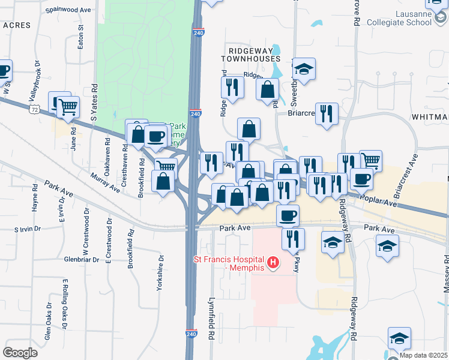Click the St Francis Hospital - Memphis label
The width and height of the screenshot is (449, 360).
click(229, 263)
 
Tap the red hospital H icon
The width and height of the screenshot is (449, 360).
click(274, 262)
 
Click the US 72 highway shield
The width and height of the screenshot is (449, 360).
click(36, 110)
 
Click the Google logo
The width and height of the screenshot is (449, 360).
click(20, 353)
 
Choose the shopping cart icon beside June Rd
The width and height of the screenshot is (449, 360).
click(68, 107)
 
